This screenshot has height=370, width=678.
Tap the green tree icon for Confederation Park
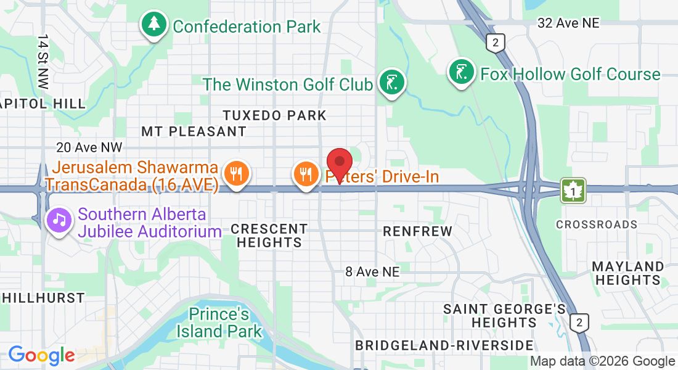click(153, 25)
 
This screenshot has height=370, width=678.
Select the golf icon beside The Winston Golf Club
click(391, 83)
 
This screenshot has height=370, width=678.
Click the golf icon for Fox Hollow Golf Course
click(461, 73)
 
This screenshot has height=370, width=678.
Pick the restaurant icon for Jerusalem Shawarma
click(235, 173)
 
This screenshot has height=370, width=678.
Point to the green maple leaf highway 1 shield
click(573, 191)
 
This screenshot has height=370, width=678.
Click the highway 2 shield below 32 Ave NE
click(495, 43)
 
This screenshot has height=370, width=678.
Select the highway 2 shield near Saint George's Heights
click(579, 322)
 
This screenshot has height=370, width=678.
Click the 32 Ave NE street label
click(568, 23)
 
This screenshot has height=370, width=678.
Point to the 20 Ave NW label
click(89, 147)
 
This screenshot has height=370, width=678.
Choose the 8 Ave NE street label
click(372, 271)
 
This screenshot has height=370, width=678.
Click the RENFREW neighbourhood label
click(417, 231)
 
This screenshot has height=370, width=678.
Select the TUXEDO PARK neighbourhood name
click(274, 115)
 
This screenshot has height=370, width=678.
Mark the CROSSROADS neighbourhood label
click(596, 224)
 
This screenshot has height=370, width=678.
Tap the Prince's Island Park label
click(219, 323)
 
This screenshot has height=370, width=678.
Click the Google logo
click(41, 355)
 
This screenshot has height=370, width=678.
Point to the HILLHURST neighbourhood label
click(43, 298)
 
